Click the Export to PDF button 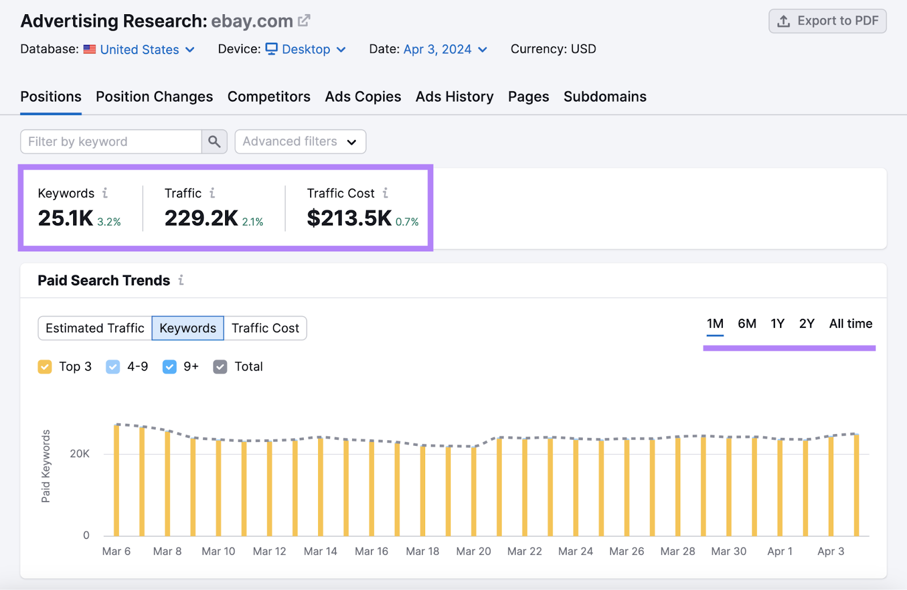827,21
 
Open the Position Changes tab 154,97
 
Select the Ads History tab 454,97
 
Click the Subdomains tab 604,97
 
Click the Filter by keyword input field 111,142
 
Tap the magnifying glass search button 214,142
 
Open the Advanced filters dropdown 300,142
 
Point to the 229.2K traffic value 201,218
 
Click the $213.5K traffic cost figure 349,218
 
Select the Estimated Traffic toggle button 95,328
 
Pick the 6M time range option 747,324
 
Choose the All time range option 850,324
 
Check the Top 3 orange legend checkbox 45,367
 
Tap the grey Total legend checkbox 220,367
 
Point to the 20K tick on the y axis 79,454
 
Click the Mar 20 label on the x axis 473,551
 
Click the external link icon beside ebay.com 304,21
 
